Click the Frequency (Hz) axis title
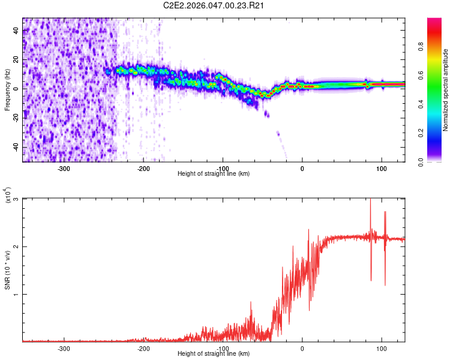(7, 90)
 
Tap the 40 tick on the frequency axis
(17, 30)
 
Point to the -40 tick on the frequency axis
(16, 147)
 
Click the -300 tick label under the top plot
(64, 168)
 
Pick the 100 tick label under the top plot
(381, 168)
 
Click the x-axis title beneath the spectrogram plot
(214, 174)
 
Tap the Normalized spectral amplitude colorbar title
(445, 90)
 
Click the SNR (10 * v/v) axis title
(7, 270)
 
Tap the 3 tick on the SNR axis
(17, 199)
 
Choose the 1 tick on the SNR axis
(17, 294)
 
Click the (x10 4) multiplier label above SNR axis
(7, 196)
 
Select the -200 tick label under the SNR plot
(143, 348)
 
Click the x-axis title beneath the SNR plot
(214, 354)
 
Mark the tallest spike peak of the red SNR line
(370, 200)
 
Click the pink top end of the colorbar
(434, 22)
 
